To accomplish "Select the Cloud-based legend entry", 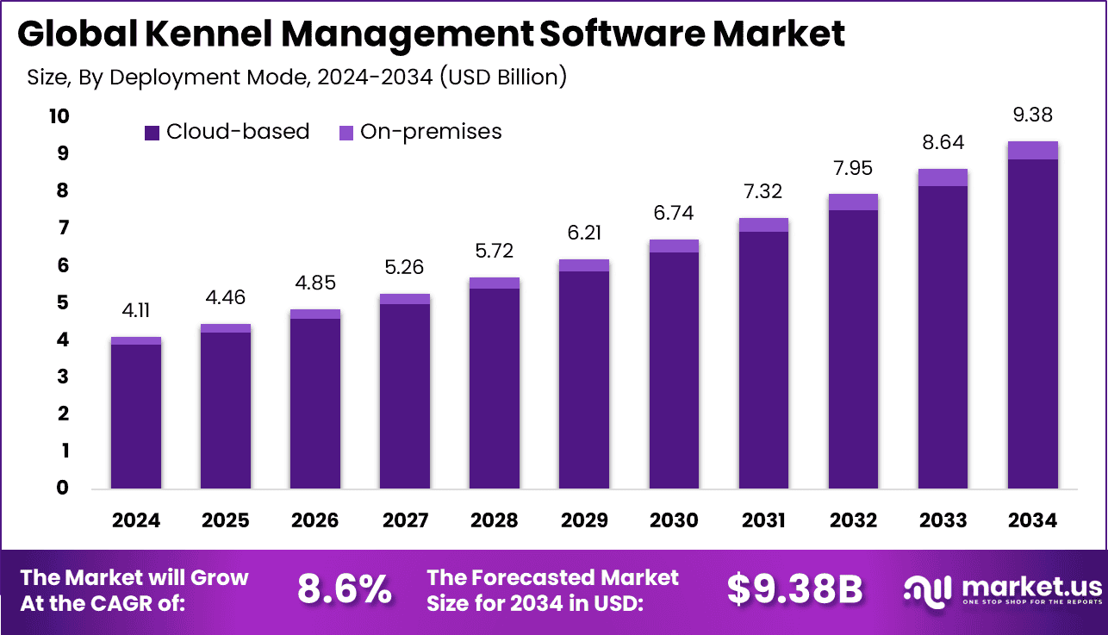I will point(227,132).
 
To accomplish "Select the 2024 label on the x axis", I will point(135,520).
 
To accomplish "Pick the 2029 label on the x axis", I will point(583,520).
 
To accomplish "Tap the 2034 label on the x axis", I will point(1032,520).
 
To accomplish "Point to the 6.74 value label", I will point(673,213).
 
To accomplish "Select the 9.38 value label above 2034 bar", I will point(1032,115).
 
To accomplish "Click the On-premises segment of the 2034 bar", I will point(1032,150).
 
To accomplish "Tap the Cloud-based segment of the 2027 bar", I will point(404,396).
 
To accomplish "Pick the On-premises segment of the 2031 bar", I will point(763,225).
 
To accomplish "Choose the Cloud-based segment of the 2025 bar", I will point(225,410).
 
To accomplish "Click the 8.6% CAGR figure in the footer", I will point(344,590).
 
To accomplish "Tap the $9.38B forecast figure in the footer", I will point(794,590).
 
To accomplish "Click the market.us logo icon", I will point(927,589).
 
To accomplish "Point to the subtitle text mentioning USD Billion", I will point(296,77).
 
